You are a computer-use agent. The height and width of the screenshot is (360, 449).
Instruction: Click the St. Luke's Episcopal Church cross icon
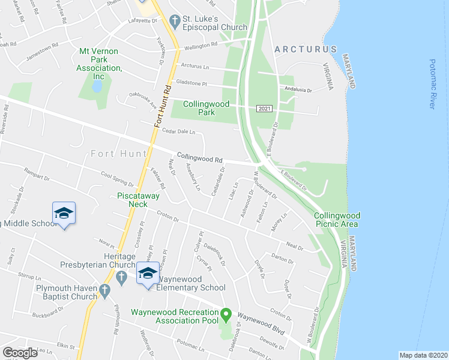(175, 22)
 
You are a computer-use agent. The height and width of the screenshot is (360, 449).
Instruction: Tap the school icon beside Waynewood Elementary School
(146, 274)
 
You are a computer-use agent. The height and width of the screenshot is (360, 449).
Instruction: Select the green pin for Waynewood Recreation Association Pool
(226, 314)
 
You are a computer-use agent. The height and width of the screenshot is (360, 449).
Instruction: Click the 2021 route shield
(264, 108)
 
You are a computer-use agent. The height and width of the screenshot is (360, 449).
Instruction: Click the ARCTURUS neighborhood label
(305, 49)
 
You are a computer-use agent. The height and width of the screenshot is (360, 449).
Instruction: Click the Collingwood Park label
(206, 108)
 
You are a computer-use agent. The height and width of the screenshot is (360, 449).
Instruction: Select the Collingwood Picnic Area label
(336, 220)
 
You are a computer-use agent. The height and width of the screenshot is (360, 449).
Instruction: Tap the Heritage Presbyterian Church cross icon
(121, 276)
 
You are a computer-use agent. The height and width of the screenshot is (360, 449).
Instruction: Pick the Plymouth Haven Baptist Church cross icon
(104, 292)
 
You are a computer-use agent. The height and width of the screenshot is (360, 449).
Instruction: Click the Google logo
(20, 353)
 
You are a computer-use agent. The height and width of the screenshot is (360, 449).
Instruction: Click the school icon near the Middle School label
(64, 214)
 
